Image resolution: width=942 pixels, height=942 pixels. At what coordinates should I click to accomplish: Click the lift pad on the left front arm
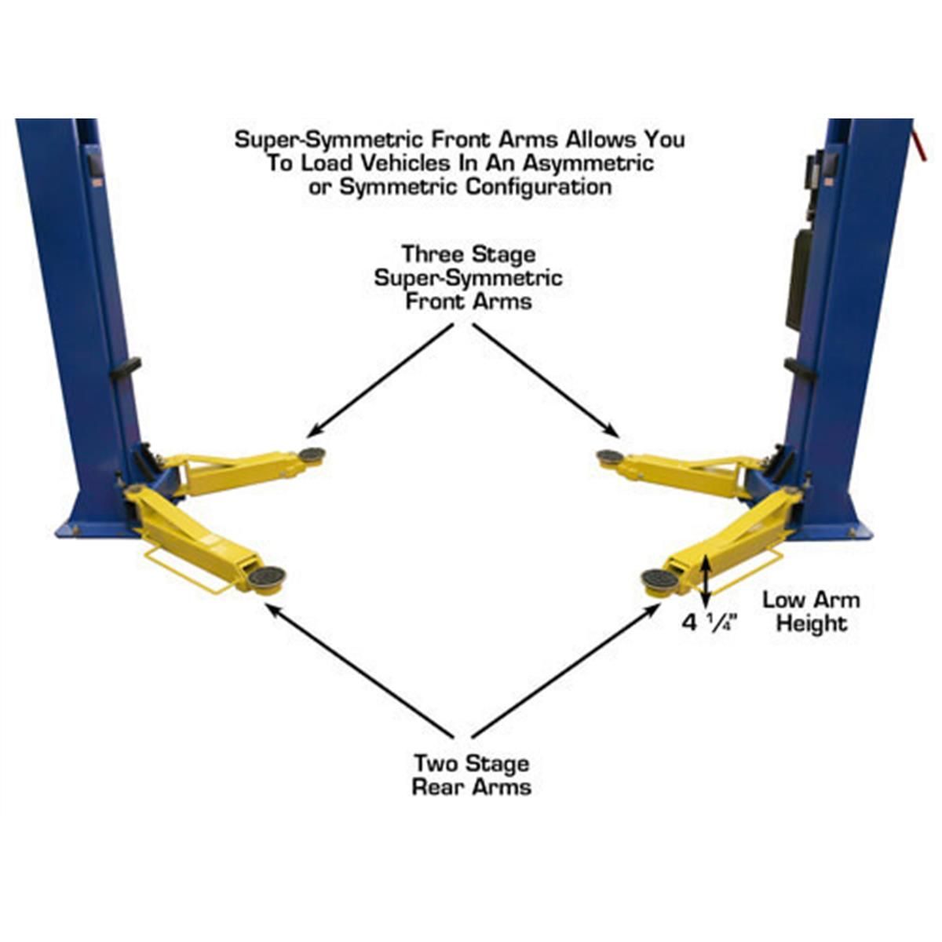click(x=312, y=455)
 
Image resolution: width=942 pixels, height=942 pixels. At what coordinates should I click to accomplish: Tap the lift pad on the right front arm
click(x=609, y=457)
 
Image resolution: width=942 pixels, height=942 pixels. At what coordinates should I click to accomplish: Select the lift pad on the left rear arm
click(x=267, y=578)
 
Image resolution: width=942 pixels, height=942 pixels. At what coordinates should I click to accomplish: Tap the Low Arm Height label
click(x=811, y=612)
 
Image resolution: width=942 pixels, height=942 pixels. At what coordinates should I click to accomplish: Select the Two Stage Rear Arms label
click(x=471, y=775)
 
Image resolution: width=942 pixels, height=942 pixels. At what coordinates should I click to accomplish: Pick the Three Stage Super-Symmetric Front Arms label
click(x=469, y=278)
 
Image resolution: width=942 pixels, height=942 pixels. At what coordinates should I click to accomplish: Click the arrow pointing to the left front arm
click(x=381, y=381)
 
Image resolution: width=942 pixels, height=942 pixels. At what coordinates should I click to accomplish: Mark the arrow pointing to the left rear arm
click(x=361, y=672)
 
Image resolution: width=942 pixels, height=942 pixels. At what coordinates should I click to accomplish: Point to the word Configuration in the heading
click(x=538, y=188)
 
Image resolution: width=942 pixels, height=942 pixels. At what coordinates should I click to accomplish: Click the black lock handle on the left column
click(x=126, y=367)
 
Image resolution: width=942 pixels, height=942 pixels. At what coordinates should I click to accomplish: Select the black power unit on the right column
click(x=800, y=279)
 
